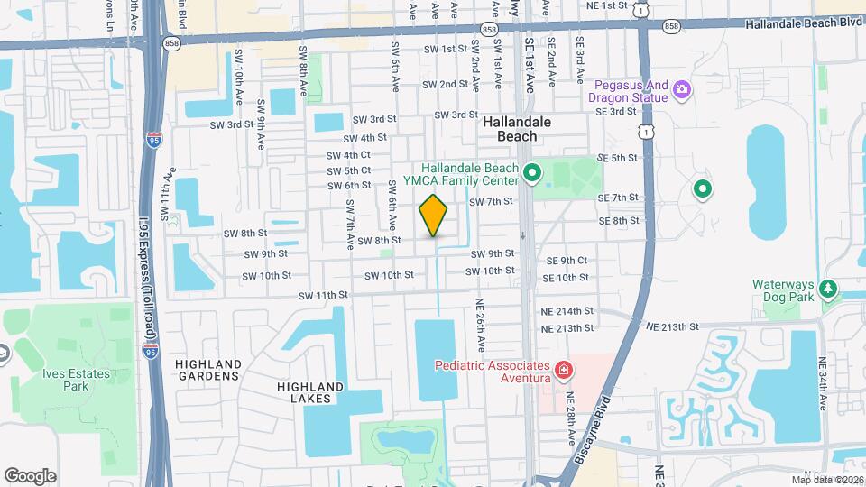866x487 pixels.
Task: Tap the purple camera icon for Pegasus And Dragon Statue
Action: pos(682,89)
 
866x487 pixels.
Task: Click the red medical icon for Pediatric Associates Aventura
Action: pos(563,371)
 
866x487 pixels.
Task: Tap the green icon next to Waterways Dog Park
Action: pos(827,290)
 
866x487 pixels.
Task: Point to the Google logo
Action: pos(30,476)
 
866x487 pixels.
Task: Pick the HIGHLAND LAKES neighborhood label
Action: pos(309,392)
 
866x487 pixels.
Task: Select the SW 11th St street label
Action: pos(323,295)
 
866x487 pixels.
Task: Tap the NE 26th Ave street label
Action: pos(481,325)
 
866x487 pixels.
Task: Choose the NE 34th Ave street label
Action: pos(822,384)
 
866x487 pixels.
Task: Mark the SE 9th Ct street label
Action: pos(567,261)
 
